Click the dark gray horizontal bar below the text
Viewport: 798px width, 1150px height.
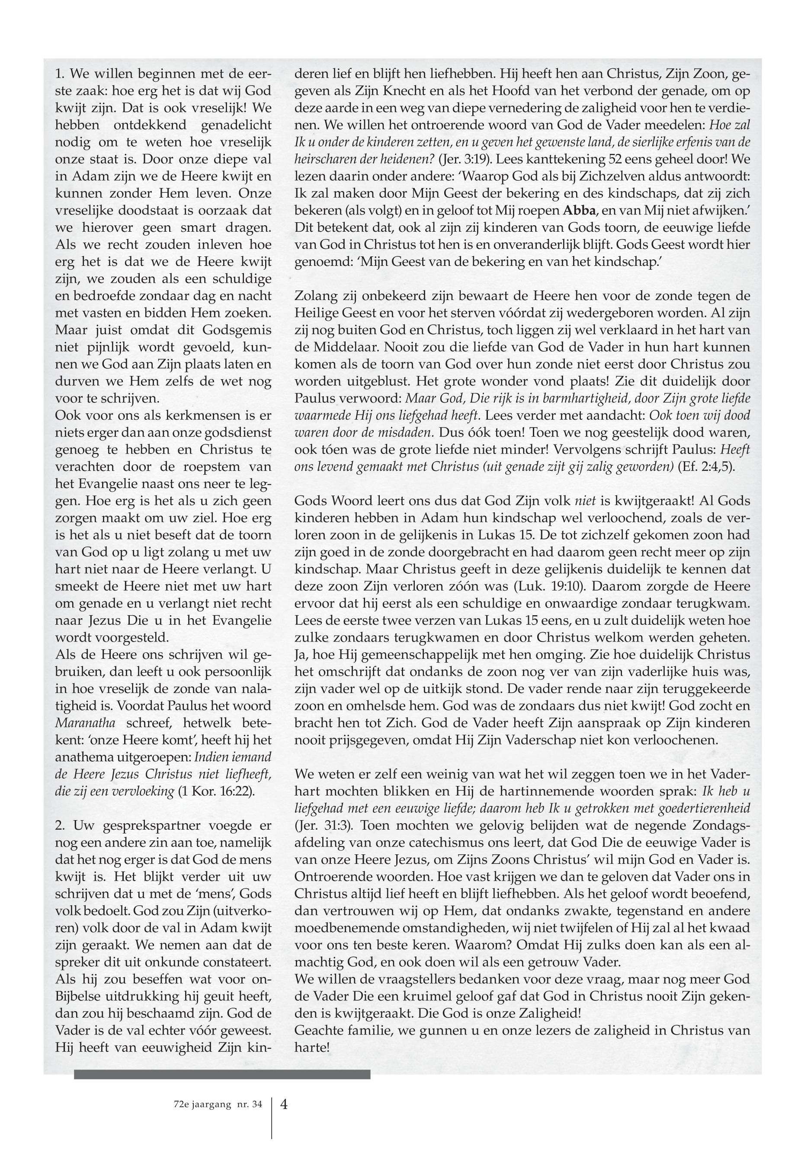[222, 1074]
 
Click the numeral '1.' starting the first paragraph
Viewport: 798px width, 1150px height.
[61, 74]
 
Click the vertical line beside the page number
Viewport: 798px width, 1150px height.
[272, 1117]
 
